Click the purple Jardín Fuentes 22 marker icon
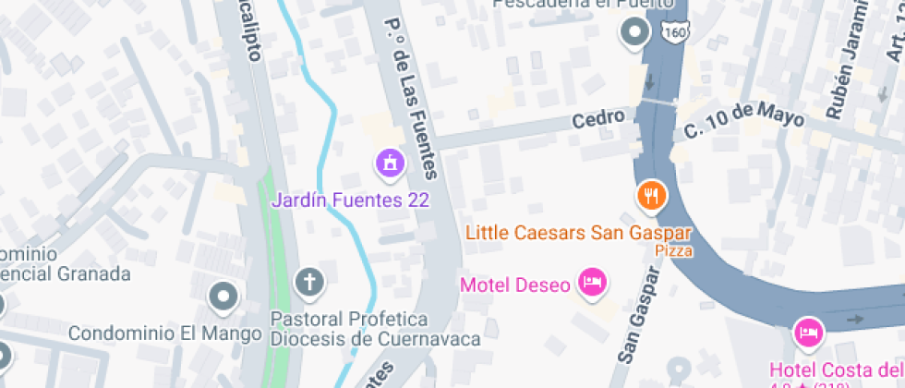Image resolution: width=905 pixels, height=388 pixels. point(391,164)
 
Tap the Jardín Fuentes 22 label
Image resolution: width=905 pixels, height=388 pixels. point(350,200)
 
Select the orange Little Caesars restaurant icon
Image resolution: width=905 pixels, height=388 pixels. point(652,195)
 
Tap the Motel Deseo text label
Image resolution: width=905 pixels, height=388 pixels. point(514,285)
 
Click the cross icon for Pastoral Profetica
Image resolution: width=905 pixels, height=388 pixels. point(310,282)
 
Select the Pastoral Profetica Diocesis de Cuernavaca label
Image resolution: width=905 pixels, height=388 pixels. point(375,329)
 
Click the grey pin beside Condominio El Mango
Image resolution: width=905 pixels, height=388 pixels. point(223,297)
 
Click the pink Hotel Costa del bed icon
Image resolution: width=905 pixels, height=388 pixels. point(808,332)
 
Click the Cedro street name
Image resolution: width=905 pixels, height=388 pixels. point(605,118)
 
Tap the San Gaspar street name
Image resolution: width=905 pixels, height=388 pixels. point(639,314)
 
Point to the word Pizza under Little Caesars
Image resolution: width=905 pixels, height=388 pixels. point(674,250)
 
